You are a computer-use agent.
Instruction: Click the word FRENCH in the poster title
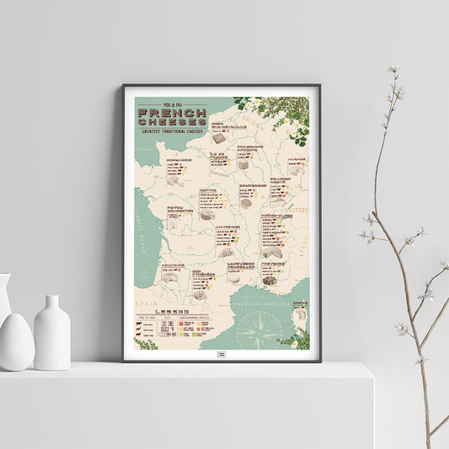tap(171, 112)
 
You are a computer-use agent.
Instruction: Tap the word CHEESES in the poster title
tap(171, 122)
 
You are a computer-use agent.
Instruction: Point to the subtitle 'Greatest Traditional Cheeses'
tap(171, 132)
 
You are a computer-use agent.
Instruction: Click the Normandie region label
tap(179, 159)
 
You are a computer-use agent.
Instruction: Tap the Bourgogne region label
tap(252, 184)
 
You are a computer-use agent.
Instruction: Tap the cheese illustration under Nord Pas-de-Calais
tap(218, 137)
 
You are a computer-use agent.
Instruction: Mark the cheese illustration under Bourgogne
tap(246, 202)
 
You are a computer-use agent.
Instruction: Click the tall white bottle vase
tap(52, 332)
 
